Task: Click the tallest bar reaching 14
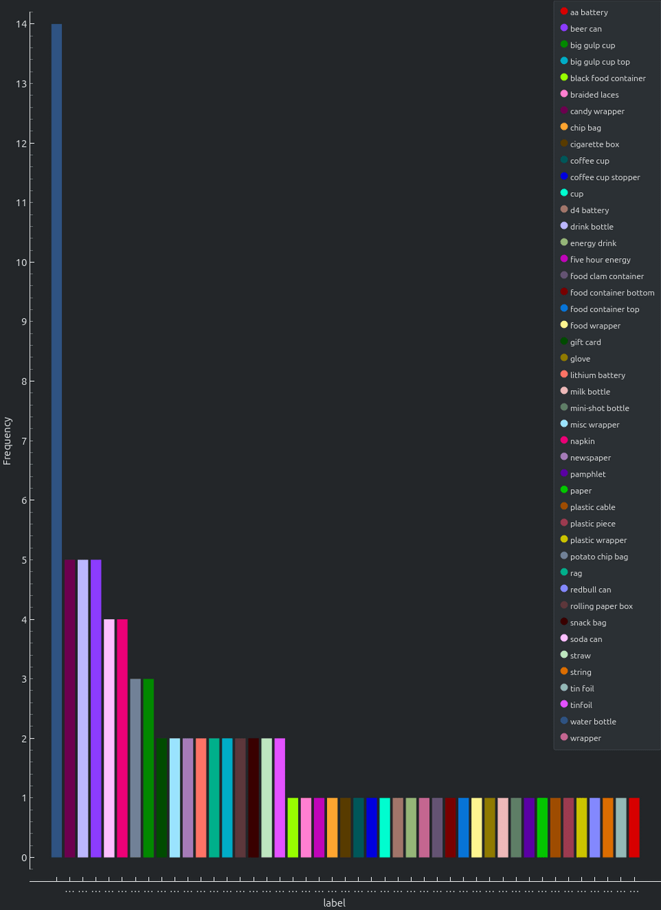(x=56, y=441)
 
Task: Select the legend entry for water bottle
(x=592, y=721)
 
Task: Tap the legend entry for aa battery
(x=588, y=12)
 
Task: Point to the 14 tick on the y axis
(x=21, y=24)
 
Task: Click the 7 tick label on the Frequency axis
(x=24, y=441)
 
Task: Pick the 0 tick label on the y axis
(x=24, y=858)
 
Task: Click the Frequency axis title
(x=8, y=441)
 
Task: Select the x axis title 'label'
(x=335, y=902)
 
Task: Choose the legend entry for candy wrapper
(x=596, y=111)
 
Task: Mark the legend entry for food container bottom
(x=611, y=293)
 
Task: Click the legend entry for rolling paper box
(x=600, y=606)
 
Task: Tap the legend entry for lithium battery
(x=597, y=375)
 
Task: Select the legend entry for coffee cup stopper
(x=604, y=177)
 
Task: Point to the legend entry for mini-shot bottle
(x=599, y=408)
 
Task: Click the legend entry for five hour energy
(x=600, y=260)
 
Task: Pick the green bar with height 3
(x=148, y=768)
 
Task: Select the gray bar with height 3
(x=135, y=768)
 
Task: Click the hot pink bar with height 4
(x=122, y=738)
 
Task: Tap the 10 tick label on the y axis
(x=21, y=262)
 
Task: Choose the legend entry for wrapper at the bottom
(x=585, y=738)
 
